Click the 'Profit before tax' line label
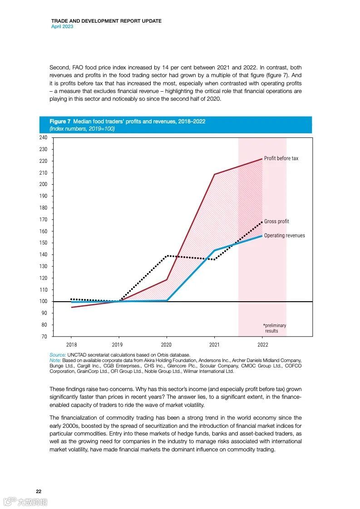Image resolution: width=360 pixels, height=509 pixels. click(281, 158)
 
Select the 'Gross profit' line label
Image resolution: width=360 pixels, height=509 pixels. click(276, 221)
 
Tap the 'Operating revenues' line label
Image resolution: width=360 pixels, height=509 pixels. click(284, 235)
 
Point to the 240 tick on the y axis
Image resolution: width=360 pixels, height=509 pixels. click(43, 137)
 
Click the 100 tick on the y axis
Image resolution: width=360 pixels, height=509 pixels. click(43, 302)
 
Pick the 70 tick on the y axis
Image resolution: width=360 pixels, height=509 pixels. click(44, 337)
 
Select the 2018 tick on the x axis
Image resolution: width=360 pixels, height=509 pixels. click(72, 345)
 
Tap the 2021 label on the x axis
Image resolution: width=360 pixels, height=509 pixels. click(214, 345)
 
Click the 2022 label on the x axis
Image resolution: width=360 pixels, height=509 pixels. click(262, 345)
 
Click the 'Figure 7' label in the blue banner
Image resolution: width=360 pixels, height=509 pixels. click(60, 122)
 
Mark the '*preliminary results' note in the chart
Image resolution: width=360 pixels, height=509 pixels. click(274, 328)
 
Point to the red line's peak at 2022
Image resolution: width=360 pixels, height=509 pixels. click(262, 159)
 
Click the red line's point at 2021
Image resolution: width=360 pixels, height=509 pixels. click(214, 174)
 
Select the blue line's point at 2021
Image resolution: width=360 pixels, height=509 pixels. click(214, 250)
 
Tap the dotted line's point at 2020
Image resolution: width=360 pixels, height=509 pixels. click(167, 256)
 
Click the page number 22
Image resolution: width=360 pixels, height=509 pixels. click(39, 492)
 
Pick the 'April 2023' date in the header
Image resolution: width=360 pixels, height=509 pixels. click(62, 26)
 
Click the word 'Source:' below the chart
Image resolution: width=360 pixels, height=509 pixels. click(58, 355)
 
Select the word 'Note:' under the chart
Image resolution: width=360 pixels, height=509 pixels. click(55, 360)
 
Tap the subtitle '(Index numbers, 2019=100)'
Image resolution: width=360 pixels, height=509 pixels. click(82, 129)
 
